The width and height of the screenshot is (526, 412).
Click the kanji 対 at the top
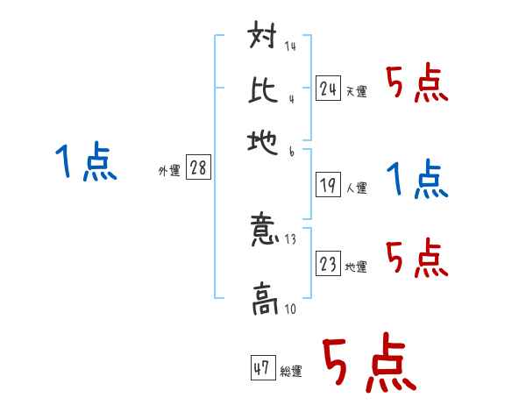(263, 39)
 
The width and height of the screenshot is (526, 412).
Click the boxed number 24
(329, 88)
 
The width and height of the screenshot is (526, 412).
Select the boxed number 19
(329, 185)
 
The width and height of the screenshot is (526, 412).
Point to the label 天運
(357, 91)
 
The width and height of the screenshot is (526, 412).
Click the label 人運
(357, 188)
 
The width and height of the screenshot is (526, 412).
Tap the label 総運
(292, 372)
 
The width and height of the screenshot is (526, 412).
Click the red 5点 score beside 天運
(417, 85)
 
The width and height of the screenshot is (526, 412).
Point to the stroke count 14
(289, 46)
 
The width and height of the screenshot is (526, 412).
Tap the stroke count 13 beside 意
(291, 238)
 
